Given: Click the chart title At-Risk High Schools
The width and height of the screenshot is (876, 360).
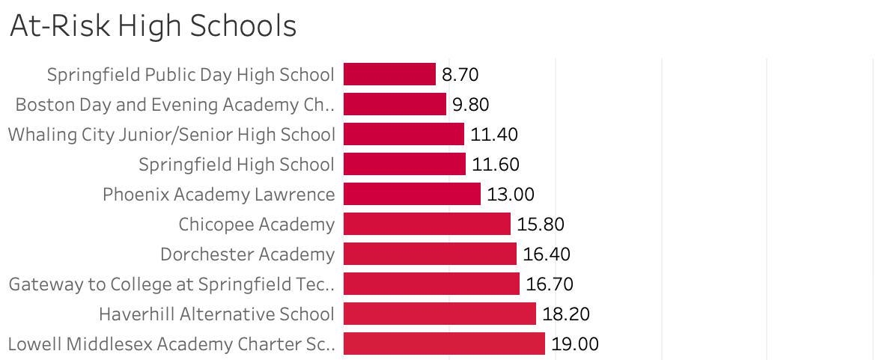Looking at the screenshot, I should tap(153, 27).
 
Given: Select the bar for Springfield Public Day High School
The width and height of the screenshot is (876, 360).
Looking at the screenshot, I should tap(389, 74).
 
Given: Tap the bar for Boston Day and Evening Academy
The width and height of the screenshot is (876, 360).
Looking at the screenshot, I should tap(395, 104).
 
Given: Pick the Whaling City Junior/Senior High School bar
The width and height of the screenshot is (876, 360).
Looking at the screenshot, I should tap(404, 134).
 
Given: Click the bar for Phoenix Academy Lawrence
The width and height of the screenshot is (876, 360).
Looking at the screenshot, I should tap(412, 194).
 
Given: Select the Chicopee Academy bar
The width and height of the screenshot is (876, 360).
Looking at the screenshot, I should tap(427, 224).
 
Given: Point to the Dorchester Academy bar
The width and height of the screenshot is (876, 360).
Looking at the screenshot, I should tap(430, 254).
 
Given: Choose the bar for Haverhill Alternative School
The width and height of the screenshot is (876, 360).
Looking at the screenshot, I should tap(439, 314).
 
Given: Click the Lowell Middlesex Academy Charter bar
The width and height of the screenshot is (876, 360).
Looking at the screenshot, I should tap(444, 344).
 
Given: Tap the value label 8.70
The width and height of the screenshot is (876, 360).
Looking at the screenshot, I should tap(460, 75).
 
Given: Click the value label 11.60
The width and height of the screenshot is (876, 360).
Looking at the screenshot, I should tap(495, 165).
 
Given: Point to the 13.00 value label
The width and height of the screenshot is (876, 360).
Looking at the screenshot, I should tap(510, 195).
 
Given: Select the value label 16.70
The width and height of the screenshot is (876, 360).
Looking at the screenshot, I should tap(549, 284).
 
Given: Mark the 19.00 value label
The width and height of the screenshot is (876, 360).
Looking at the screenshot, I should tap(574, 344).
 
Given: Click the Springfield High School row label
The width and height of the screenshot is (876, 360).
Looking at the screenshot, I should tap(237, 165).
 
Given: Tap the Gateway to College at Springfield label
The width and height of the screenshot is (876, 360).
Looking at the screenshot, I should tap(171, 284).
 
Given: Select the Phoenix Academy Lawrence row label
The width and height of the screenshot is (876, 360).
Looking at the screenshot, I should tap(219, 195).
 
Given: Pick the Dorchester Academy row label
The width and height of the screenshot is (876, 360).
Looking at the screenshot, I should tap(247, 254).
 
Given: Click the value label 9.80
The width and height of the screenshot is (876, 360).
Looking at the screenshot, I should tap(470, 105).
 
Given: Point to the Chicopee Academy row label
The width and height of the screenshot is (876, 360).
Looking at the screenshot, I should tap(256, 225).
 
